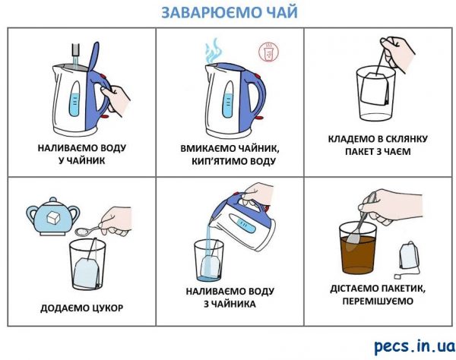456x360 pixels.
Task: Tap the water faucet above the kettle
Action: (x=75, y=49)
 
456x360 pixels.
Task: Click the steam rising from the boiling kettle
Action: (x=214, y=50)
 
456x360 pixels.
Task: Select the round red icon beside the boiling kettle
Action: (x=268, y=52)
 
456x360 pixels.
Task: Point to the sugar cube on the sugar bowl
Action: (x=53, y=217)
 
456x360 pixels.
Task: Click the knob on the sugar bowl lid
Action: (x=53, y=200)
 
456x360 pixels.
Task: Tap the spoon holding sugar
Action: (x=88, y=230)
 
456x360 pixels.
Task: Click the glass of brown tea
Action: (x=358, y=248)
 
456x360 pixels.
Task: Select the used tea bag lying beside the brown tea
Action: (x=408, y=258)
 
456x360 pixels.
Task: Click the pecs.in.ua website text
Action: (x=414, y=346)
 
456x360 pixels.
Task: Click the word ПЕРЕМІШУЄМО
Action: (x=378, y=301)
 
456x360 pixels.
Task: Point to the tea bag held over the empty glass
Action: (x=375, y=89)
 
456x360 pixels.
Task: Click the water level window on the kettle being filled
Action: (x=75, y=99)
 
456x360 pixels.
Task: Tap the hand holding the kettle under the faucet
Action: (x=116, y=98)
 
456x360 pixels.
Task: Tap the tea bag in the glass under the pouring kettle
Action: (x=210, y=266)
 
